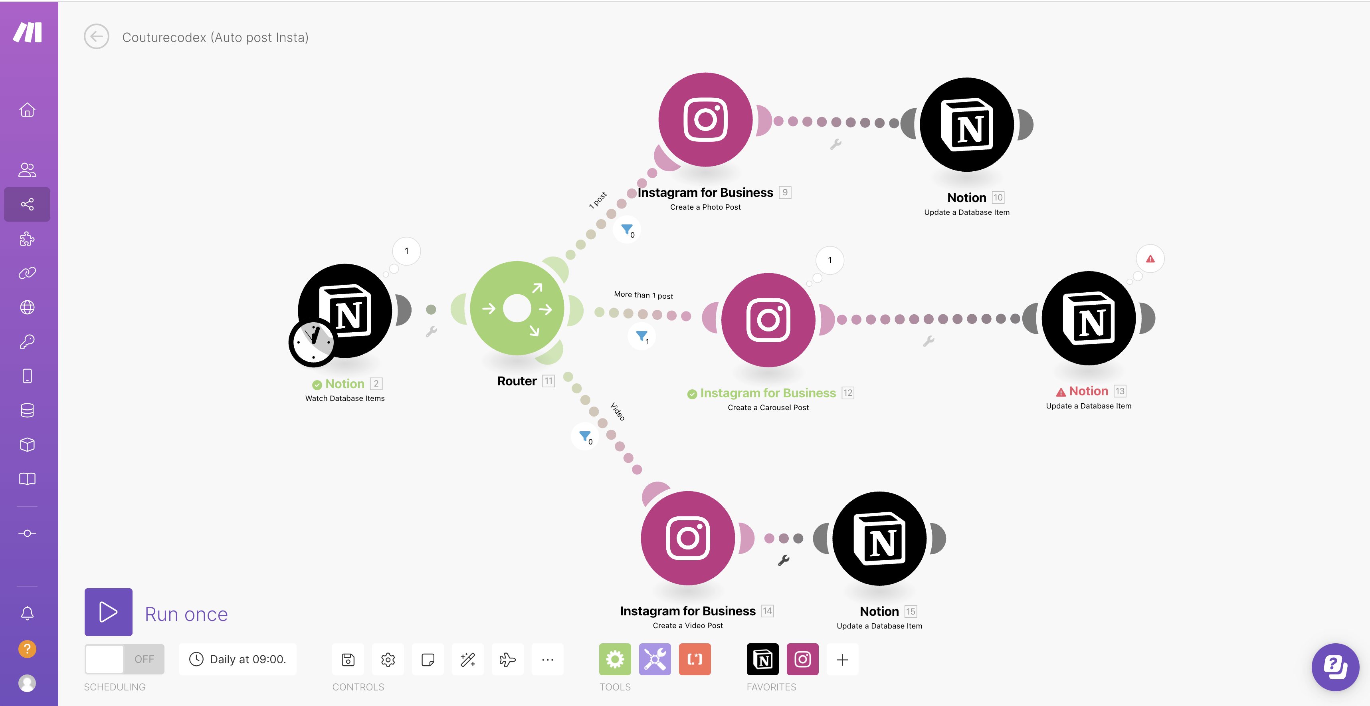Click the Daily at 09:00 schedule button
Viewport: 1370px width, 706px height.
click(x=238, y=659)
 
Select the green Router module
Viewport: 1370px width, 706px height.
click(x=517, y=309)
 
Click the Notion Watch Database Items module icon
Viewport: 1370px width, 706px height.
click(x=344, y=311)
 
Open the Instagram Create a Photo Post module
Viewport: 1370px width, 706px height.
click(x=705, y=120)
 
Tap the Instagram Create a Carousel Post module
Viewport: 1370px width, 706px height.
click(x=768, y=320)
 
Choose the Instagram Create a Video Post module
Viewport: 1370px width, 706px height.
click(x=688, y=538)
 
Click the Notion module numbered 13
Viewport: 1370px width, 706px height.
click(x=1089, y=318)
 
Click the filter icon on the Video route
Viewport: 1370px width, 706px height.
click(x=585, y=437)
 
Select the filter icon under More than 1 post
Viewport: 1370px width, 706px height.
click(x=642, y=336)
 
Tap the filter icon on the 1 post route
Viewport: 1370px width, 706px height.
click(x=627, y=230)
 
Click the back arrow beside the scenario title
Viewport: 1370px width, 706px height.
click(x=96, y=37)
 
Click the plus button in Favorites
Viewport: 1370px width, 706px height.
click(x=842, y=660)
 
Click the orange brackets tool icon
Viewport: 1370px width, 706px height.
click(x=695, y=659)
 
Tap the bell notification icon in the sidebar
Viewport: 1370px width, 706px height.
click(x=27, y=613)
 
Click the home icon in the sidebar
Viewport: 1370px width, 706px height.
click(x=27, y=109)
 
